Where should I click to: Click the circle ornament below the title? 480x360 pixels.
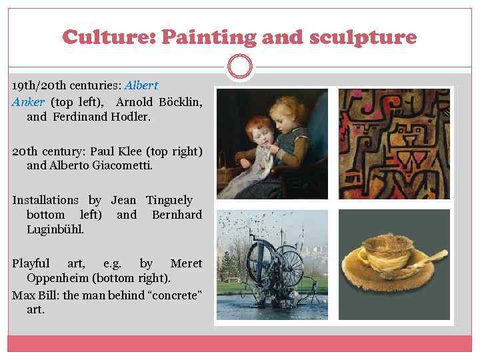tap(239, 66)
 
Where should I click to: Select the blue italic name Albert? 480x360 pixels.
tap(141, 86)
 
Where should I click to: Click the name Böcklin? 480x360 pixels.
tap(181, 102)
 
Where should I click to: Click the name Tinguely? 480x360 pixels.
tap(169, 200)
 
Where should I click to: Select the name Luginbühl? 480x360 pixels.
tap(55, 229)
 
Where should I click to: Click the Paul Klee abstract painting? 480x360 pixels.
tap(393, 143)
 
